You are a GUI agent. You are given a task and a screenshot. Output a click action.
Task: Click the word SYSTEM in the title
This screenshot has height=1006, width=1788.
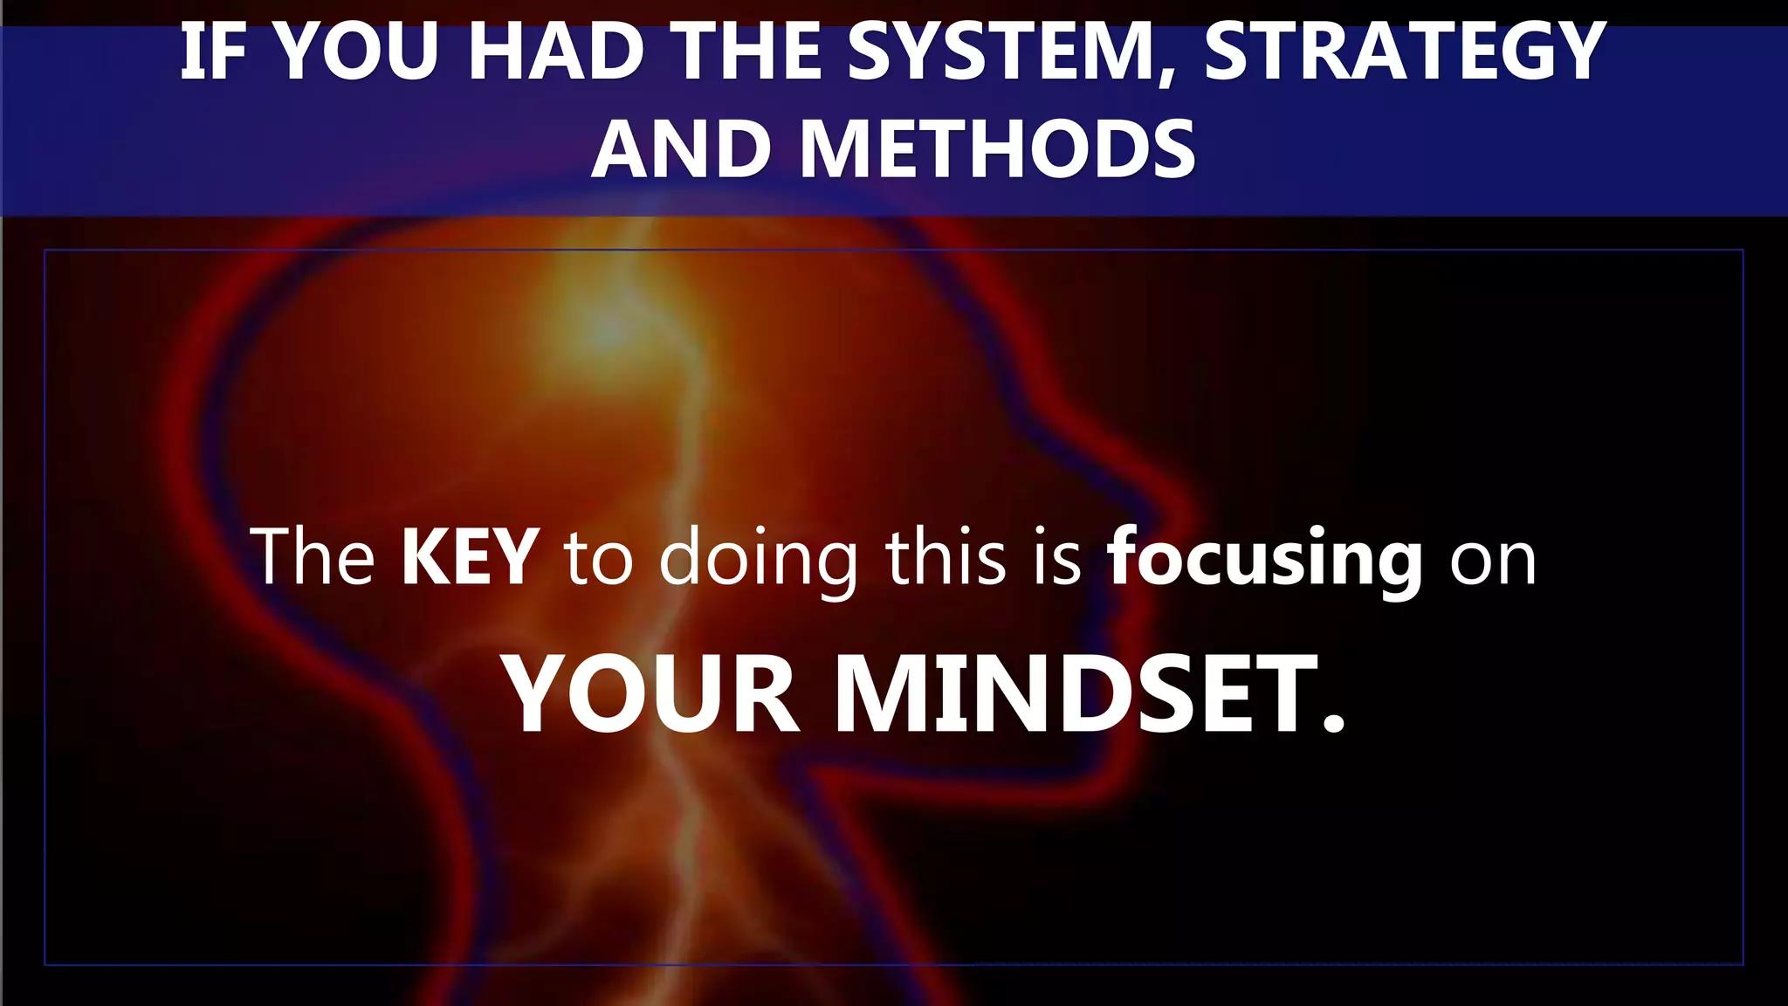point(1001,52)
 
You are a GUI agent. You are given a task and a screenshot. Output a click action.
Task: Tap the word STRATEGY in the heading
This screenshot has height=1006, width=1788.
point(1405,52)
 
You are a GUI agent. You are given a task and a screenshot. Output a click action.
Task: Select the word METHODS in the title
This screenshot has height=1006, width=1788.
point(997,150)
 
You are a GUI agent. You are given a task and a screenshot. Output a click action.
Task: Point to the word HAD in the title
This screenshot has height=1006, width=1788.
point(558,52)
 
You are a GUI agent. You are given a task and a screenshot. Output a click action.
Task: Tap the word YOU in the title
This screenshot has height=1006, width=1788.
point(356,52)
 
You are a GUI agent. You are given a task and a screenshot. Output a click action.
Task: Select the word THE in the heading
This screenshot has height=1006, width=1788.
point(749,52)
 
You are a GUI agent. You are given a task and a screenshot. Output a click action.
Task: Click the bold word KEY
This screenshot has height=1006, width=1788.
point(470,556)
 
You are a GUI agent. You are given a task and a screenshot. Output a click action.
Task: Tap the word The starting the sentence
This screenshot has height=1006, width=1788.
point(313,556)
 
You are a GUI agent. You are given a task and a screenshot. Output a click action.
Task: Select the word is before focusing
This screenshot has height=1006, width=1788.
point(1057,556)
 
